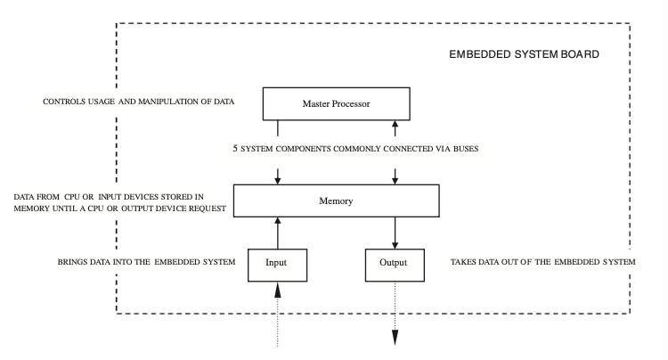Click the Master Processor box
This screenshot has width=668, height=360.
tap(336, 104)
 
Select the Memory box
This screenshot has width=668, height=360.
tap(336, 200)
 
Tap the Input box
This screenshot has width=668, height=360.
tap(278, 263)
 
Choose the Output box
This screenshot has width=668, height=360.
tap(393, 263)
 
